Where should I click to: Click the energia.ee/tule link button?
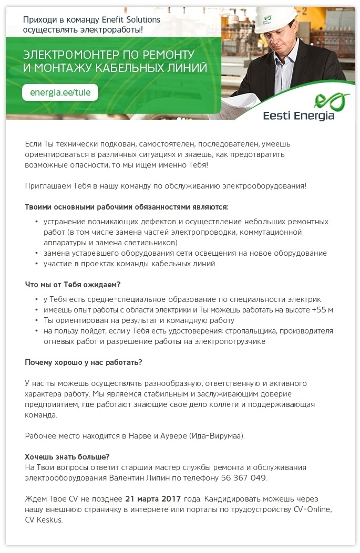click(x=60, y=92)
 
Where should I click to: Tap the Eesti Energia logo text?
click(x=299, y=115)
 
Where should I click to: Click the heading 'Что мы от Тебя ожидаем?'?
click(x=73, y=285)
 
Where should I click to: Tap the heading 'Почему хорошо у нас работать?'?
click(x=84, y=362)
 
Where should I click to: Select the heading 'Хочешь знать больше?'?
click(x=67, y=456)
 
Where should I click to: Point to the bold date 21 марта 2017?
click(x=153, y=498)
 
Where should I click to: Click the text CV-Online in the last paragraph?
click(x=313, y=509)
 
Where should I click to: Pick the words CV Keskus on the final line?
click(x=44, y=519)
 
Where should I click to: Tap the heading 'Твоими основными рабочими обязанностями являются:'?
click(x=127, y=207)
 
